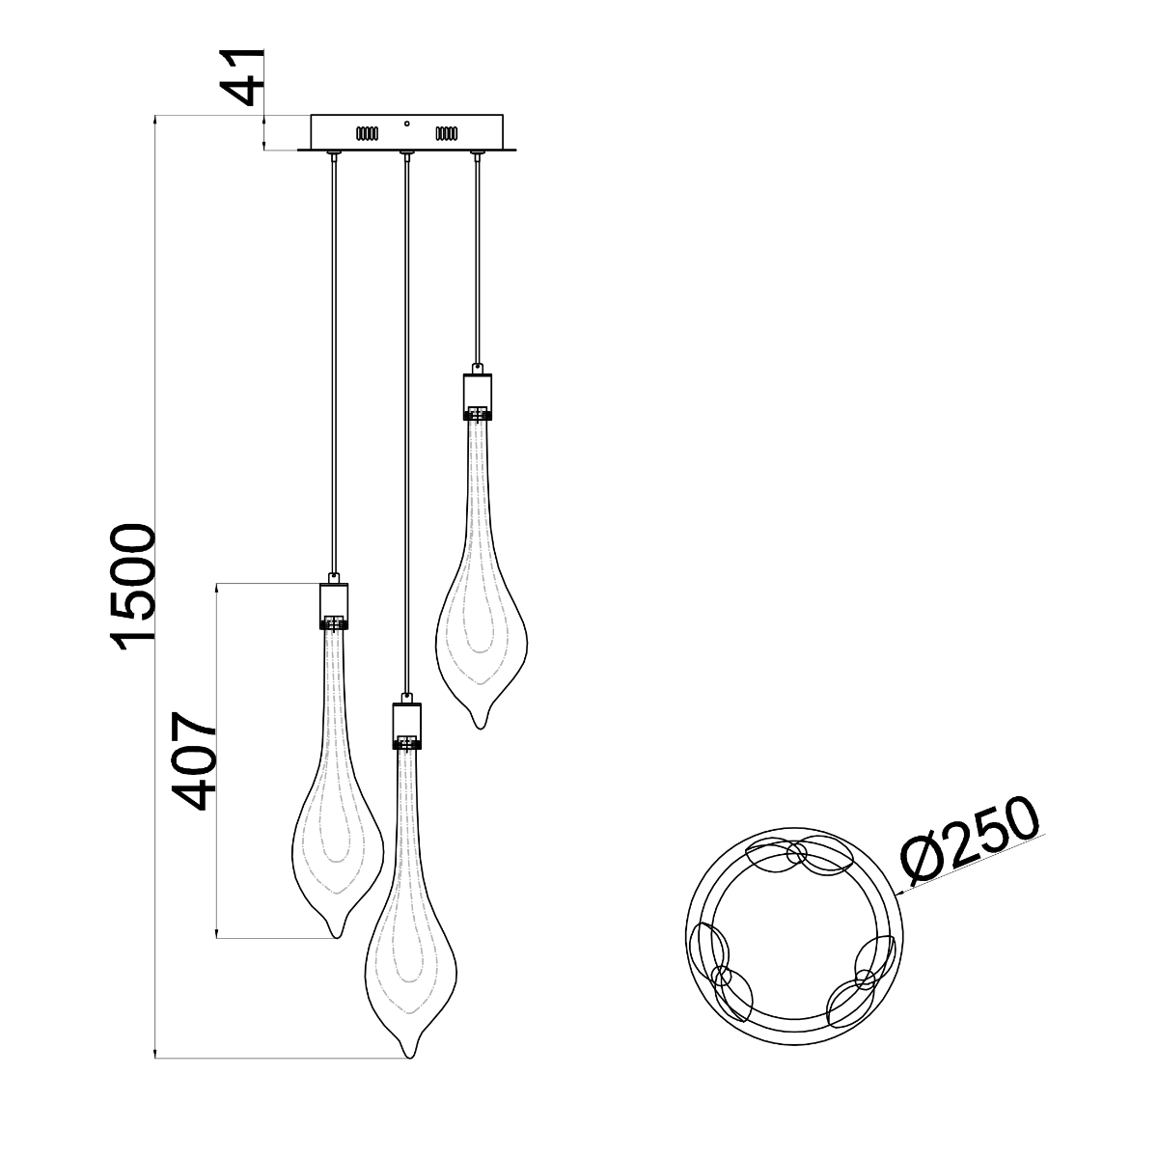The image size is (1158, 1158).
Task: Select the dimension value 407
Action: pos(194,760)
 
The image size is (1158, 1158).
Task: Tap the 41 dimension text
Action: pos(243,77)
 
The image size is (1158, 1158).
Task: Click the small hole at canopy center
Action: pos(407,124)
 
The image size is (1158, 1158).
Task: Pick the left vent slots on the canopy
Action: pos(367,133)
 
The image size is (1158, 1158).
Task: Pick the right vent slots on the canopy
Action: pos(447,133)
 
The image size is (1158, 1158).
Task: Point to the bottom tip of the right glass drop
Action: pos(480,729)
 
